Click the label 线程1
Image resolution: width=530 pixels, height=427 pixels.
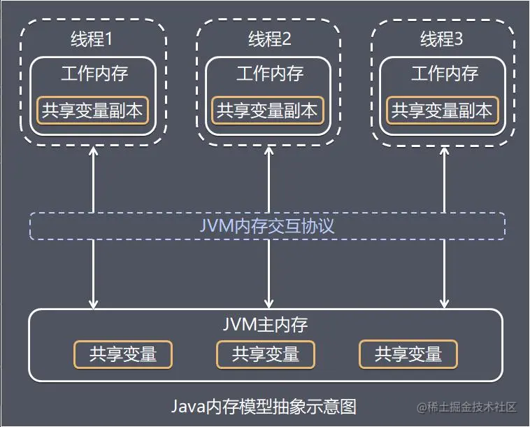92,39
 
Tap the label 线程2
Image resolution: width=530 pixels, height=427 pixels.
269,39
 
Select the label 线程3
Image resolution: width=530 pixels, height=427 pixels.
442,39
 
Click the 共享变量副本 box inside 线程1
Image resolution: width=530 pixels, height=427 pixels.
92,110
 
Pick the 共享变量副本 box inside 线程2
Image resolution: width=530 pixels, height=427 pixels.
267,110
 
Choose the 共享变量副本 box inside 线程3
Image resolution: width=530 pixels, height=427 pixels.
442,110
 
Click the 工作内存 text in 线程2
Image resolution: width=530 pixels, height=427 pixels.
269,73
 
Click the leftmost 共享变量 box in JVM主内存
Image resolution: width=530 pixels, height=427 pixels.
123,354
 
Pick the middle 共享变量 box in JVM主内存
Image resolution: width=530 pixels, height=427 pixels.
266,354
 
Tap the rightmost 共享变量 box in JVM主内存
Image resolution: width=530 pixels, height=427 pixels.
408,354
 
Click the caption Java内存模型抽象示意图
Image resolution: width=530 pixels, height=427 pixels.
264,407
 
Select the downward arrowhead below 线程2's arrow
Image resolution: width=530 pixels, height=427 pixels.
268,302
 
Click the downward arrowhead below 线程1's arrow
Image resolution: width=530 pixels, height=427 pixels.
93,302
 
